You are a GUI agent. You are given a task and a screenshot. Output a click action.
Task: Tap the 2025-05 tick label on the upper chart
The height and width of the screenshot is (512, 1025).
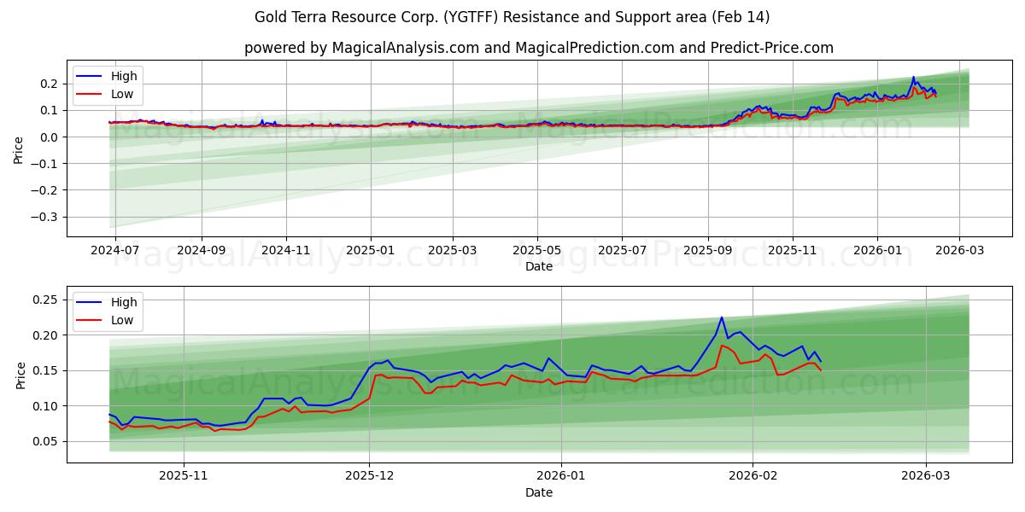click(537, 250)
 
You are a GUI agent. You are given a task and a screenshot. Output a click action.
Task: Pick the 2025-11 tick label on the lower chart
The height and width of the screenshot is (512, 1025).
click(184, 476)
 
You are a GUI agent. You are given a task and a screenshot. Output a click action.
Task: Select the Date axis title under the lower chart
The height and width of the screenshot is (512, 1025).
click(538, 492)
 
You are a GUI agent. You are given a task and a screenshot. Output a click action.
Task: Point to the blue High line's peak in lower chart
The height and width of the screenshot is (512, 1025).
click(722, 317)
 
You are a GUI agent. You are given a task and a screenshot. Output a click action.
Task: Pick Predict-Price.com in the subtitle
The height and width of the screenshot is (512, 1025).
click(772, 48)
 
